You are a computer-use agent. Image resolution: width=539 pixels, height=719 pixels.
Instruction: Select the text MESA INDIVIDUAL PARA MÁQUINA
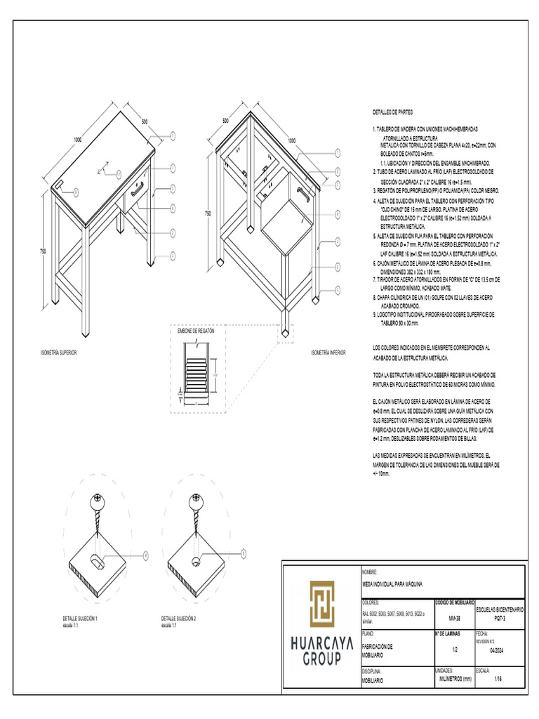pyautogui.click(x=392, y=584)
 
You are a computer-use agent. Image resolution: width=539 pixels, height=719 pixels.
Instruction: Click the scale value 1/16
pyautogui.click(x=498, y=680)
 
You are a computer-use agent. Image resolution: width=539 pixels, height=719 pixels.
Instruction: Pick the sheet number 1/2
pyautogui.click(x=454, y=649)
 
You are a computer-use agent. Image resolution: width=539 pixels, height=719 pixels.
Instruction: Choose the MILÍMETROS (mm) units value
pyautogui.click(x=454, y=680)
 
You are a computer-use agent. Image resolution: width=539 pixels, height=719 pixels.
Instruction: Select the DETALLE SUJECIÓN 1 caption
pyautogui.click(x=79, y=619)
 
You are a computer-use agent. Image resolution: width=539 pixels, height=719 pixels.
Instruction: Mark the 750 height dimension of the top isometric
pyautogui.click(x=42, y=251)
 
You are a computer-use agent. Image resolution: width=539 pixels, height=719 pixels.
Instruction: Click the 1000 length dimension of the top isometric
pyautogui.click(x=77, y=140)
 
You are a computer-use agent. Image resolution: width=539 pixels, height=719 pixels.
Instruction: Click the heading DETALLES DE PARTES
pyautogui.click(x=392, y=112)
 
